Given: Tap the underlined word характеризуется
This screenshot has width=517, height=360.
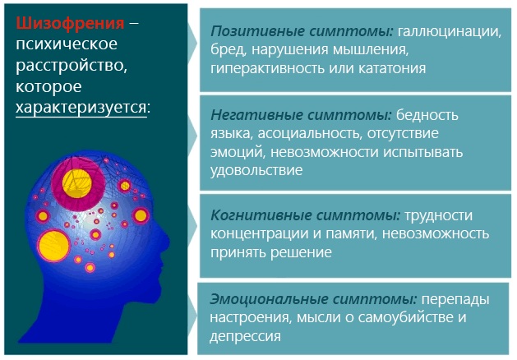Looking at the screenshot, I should tap(81, 108).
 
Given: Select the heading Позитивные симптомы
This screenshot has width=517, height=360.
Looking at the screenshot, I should tap(302, 31).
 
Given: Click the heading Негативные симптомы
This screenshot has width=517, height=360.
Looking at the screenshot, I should tap(301, 114).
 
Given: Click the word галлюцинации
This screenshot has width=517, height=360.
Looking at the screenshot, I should tap(449, 31).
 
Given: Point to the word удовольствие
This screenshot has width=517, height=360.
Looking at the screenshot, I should tap(257, 170).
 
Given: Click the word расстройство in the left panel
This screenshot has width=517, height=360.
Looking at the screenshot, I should tap(67, 65).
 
